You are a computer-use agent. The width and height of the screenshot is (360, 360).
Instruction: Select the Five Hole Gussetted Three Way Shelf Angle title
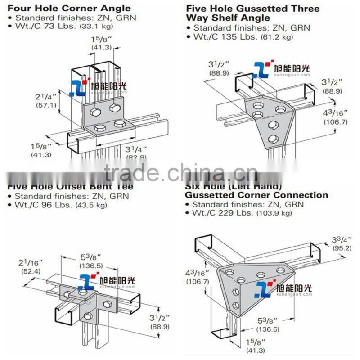(x=252, y=13)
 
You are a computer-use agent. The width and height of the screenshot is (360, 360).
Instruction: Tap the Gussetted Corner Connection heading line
(x=256, y=195)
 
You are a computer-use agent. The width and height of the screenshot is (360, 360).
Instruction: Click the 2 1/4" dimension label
(x=46, y=97)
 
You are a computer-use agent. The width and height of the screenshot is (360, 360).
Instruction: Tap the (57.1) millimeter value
(x=46, y=106)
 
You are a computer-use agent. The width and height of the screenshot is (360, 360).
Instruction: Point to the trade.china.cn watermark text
(x=180, y=172)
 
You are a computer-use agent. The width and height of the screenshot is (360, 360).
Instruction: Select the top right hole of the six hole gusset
(x=281, y=270)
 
